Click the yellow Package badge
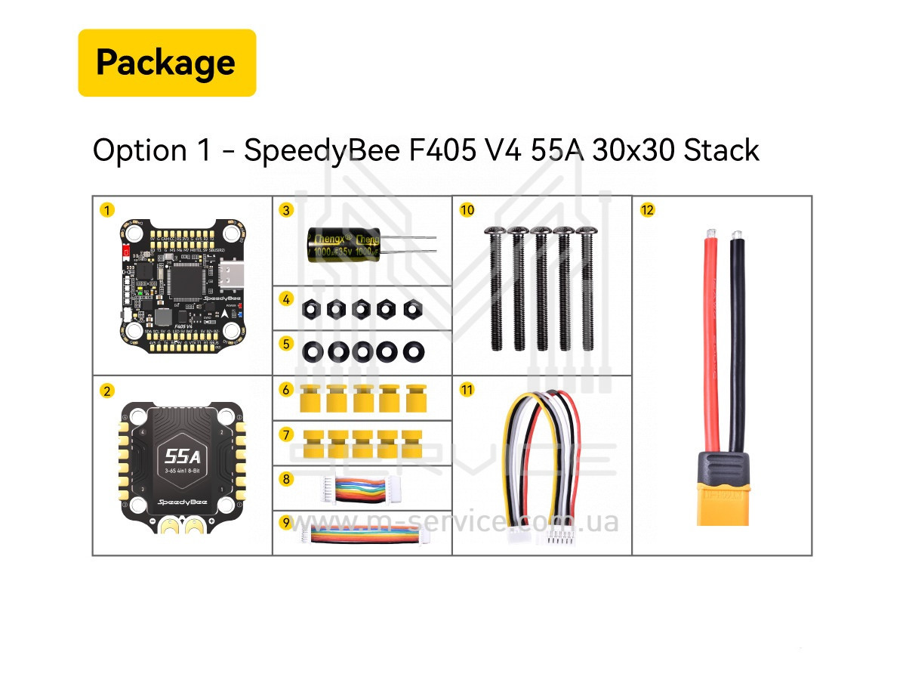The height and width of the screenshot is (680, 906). [x=167, y=63]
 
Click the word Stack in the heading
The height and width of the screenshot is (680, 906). [x=721, y=150]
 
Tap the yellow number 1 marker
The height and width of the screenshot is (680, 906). [x=109, y=210]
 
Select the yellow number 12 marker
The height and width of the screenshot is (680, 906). [x=647, y=210]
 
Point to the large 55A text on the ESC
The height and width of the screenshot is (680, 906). [x=182, y=456]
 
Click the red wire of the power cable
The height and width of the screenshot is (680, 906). [x=711, y=340]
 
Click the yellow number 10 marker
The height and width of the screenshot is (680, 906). [x=467, y=210]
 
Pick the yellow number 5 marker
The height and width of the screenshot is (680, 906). [x=285, y=343]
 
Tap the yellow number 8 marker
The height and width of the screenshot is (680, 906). [x=285, y=478]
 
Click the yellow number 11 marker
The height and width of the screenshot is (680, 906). [x=467, y=390]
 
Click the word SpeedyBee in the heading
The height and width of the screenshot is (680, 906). [x=322, y=151]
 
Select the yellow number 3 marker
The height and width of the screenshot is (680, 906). [x=285, y=210]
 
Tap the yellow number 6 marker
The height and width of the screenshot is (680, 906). [x=285, y=390]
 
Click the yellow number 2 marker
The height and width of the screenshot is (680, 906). [x=109, y=390]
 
